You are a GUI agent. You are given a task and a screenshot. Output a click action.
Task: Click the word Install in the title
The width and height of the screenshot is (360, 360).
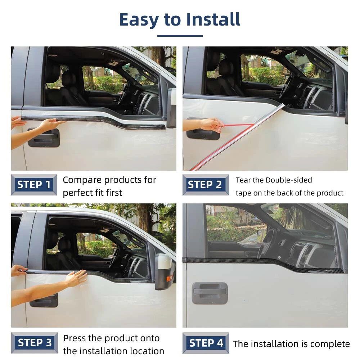coord(213,19)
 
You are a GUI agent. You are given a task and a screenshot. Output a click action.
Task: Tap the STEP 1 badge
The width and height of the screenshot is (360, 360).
coord(34,185)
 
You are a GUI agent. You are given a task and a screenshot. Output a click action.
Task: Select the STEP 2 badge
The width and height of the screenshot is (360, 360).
coord(206,185)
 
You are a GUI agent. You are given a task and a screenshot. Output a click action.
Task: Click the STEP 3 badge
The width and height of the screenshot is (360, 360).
coord(35,343)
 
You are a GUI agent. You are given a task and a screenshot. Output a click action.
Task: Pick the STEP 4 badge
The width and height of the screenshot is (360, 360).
coord(206,343)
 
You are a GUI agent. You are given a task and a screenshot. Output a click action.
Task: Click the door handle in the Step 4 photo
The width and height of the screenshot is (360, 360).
coord(210,293)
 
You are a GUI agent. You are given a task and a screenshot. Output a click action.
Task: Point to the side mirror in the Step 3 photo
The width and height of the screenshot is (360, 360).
coord(165,271)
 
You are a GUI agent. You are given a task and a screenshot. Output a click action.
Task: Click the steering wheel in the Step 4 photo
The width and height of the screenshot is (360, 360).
coord(266,243)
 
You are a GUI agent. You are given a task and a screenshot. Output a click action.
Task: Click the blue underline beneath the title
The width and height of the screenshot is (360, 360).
coord(180,36)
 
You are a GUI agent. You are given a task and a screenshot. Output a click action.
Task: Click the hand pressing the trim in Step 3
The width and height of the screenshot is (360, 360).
coord(76,278)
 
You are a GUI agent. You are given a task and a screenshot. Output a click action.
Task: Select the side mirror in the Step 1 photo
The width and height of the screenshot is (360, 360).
coord(172,107)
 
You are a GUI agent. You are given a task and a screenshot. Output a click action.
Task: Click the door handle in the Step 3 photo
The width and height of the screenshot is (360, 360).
coord(44,300)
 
